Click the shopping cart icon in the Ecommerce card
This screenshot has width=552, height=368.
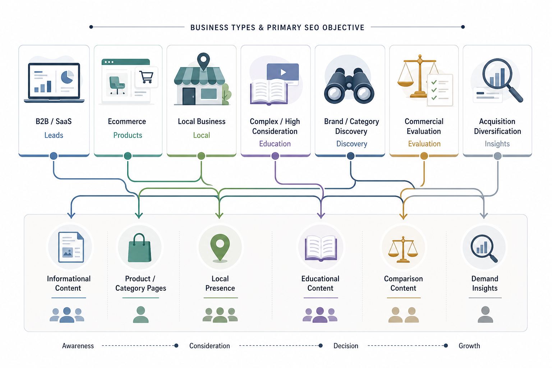click(146, 77)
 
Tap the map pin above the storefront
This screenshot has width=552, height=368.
click(203, 61)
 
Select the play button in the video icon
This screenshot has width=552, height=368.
click(284, 72)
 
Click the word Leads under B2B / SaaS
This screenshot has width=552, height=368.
click(54, 135)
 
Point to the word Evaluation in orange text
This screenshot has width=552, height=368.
click(424, 144)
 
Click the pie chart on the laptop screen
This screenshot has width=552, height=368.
click(67, 77)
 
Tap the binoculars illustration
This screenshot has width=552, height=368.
click(349, 86)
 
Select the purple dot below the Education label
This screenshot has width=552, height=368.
click(275, 156)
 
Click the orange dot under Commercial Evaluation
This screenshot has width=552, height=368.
click(424, 156)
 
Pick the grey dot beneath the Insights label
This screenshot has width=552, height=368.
click(497, 156)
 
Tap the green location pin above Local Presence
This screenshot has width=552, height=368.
click(220, 248)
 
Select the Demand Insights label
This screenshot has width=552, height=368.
click(485, 284)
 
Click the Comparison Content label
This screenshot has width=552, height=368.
click(404, 284)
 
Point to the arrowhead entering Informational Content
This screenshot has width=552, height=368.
click(71, 215)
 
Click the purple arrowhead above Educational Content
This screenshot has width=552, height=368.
click(321, 215)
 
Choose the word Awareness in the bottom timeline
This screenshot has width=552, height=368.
click(78, 346)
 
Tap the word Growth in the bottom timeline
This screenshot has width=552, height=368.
click(469, 346)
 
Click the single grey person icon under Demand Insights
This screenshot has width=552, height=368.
click(486, 314)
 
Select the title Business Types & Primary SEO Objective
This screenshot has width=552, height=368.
click(277, 27)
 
